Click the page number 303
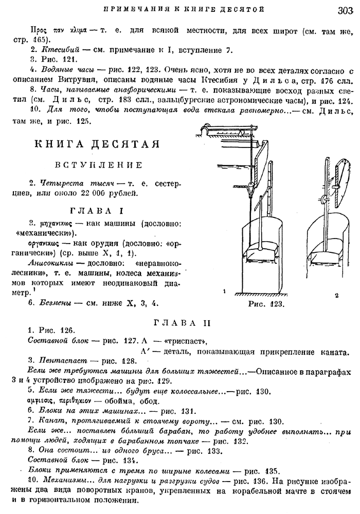click(x=344, y=10)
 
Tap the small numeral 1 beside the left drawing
click(x=225, y=291)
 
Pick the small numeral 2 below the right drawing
click(x=335, y=296)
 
